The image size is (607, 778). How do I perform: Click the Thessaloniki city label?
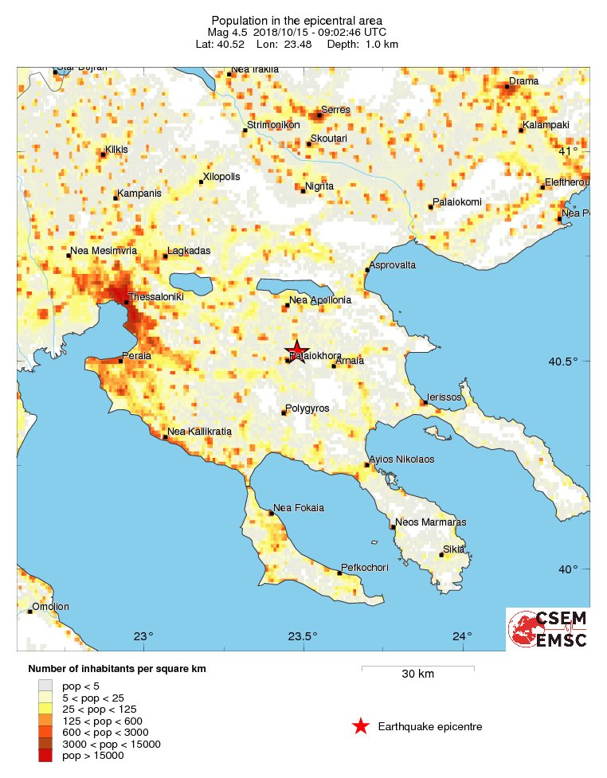(x=156, y=296)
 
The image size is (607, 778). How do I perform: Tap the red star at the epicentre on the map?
(x=296, y=351)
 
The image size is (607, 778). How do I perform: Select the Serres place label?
(x=335, y=110)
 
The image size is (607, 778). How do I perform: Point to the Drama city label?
(x=524, y=81)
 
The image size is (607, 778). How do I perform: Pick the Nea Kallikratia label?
(x=199, y=432)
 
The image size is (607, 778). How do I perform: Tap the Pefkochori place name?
(x=365, y=567)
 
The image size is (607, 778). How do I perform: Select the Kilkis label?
(x=116, y=150)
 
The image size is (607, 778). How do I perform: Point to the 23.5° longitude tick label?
(x=303, y=635)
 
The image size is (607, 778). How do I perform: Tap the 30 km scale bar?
(x=417, y=667)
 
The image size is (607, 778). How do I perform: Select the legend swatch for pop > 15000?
(x=45, y=755)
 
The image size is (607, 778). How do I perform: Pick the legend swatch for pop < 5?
(x=45, y=685)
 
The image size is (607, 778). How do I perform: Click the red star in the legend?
(x=361, y=726)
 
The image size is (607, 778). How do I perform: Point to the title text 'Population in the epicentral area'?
(x=296, y=20)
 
